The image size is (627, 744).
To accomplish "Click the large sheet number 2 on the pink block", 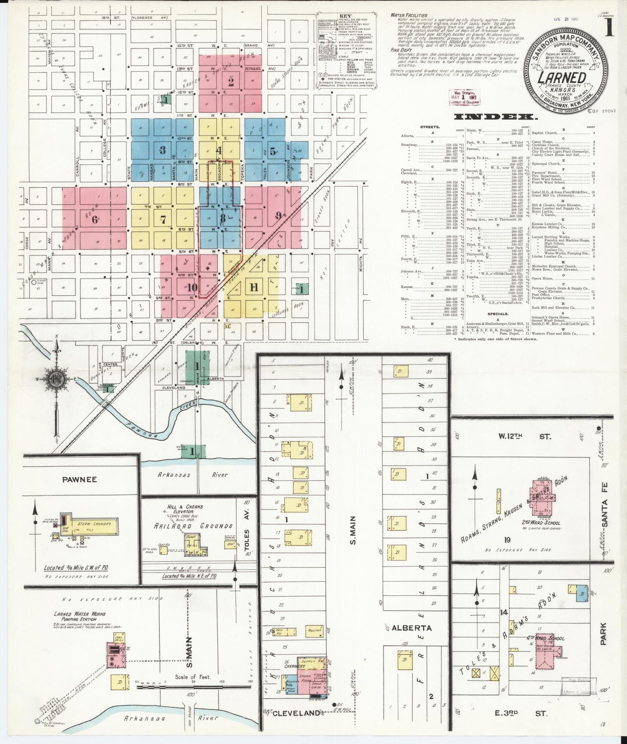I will (231, 82).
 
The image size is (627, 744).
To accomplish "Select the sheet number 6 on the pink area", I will (94, 219).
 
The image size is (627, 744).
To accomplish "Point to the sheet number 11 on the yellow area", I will (254, 287).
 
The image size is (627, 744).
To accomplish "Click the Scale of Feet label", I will (193, 677).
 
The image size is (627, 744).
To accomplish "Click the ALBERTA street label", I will (406, 628).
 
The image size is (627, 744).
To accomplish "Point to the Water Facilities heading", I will (409, 16).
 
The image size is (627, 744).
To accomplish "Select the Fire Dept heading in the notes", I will (400, 50).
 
